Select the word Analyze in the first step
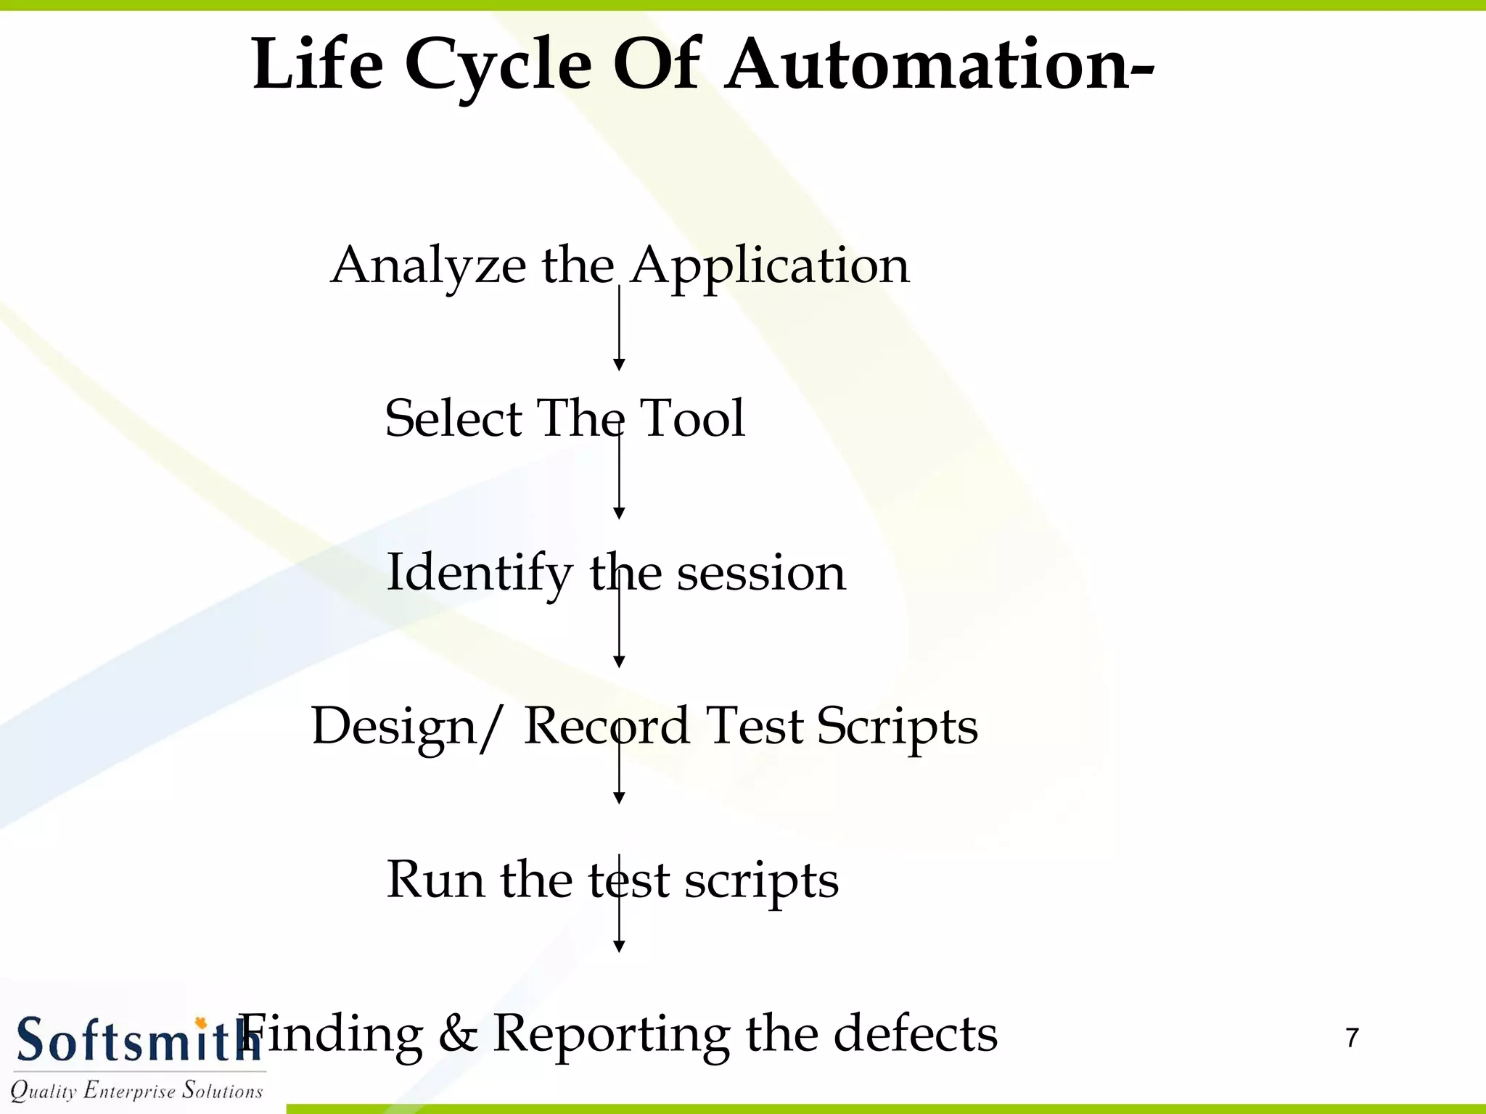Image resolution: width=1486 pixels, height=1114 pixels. click(428, 265)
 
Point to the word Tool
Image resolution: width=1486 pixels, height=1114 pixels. click(692, 418)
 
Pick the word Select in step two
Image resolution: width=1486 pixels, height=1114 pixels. click(453, 418)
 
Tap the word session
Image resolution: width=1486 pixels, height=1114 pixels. click(760, 574)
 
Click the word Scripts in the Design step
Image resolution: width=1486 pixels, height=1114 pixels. click(897, 727)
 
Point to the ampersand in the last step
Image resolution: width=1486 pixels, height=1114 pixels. click(458, 1033)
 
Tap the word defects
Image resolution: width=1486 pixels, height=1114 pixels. click(915, 1033)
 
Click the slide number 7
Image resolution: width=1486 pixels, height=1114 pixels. click(1352, 1038)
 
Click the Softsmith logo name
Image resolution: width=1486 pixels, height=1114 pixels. click(134, 1041)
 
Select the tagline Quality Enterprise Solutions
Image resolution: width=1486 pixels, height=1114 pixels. click(136, 1090)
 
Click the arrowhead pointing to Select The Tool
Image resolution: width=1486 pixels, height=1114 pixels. click(619, 364)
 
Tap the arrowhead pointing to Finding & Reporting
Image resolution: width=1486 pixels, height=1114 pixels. click(619, 946)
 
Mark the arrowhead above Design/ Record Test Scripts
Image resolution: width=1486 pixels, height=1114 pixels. click(619, 661)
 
